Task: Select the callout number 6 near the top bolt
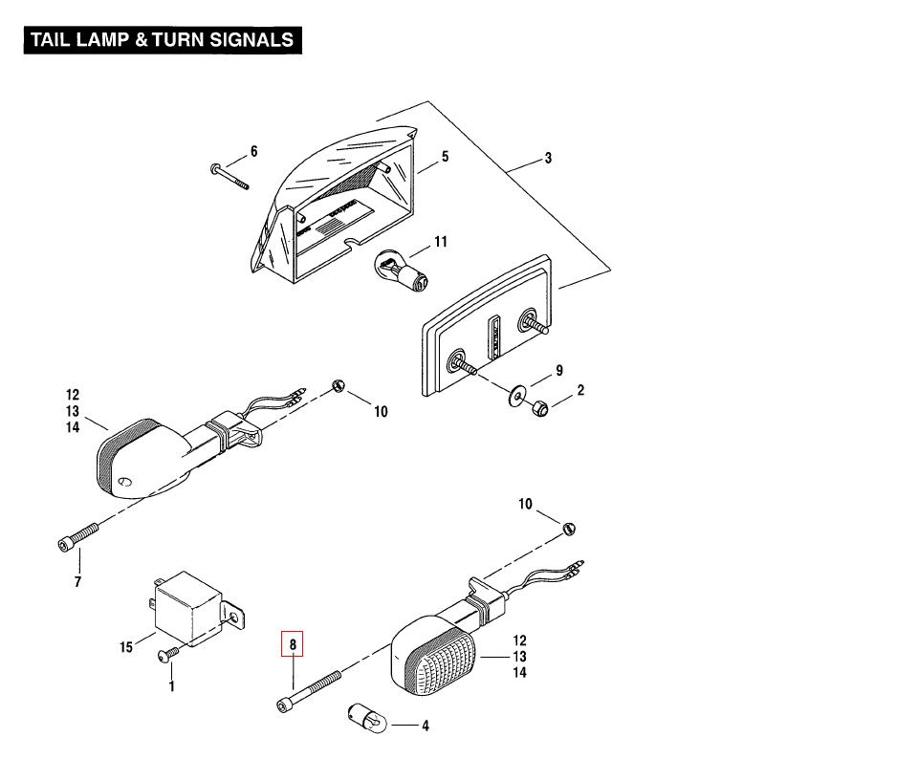point(254,151)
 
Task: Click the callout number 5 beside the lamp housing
point(445,157)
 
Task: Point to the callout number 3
point(548,159)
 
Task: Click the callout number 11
point(441,243)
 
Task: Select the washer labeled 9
point(516,393)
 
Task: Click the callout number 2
point(580,390)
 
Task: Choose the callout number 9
point(559,371)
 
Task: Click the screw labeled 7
point(78,535)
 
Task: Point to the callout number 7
point(78,582)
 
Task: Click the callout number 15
point(126,648)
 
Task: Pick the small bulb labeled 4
point(366,716)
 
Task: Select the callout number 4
point(426,726)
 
